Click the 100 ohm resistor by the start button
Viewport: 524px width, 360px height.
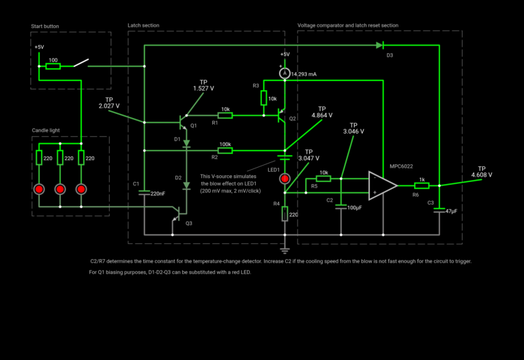tap(53, 66)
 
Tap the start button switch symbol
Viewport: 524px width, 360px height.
tap(81, 63)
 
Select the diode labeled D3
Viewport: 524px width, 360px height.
tap(379, 46)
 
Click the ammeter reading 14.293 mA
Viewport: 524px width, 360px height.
tap(285, 73)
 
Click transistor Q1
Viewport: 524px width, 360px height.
tap(183, 122)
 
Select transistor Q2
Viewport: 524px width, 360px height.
tap(280, 117)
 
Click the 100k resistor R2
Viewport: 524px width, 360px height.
tap(224, 150)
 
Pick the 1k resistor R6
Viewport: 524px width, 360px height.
tap(422, 185)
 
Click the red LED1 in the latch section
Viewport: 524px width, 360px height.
tap(285, 179)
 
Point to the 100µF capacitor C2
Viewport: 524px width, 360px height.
tap(341, 207)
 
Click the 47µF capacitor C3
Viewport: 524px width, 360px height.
tap(439, 211)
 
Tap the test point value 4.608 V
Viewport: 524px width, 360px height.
tap(481, 175)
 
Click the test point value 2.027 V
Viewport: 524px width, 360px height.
tap(108, 106)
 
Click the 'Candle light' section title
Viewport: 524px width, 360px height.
tap(46, 130)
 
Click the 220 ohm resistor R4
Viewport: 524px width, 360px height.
tap(285, 215)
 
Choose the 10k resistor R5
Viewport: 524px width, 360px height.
tap(323, 179)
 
